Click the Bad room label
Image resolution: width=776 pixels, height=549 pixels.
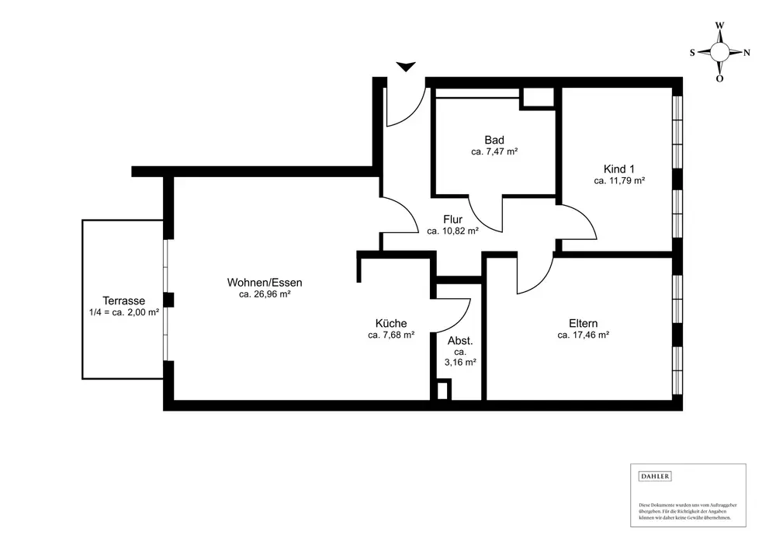(494, 140)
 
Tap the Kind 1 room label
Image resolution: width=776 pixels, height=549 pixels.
(619, 169)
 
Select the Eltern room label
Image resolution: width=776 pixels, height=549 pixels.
(582, 323)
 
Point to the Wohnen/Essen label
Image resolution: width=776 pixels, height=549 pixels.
(265, 282)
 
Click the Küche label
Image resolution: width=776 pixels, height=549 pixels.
(390, 323)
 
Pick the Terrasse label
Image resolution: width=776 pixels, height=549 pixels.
(124, 301)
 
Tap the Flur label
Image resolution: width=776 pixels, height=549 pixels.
(452, 219)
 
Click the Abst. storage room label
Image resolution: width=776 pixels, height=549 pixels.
(460, 340)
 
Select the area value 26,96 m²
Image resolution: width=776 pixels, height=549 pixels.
(265, 294)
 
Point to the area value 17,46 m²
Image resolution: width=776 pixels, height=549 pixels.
(582, 335)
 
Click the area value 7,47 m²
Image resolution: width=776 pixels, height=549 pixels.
(494, 152)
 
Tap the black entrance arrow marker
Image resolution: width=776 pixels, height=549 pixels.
(406, 68)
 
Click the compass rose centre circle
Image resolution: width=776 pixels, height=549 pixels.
(719, 52)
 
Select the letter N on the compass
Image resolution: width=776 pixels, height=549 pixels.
(747, 53)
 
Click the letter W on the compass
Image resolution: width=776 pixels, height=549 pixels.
(719, 26)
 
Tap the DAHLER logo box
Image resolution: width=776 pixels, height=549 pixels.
(654, 476)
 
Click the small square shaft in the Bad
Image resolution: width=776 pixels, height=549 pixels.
(536, 98)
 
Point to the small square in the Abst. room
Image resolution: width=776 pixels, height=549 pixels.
(443, 390)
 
